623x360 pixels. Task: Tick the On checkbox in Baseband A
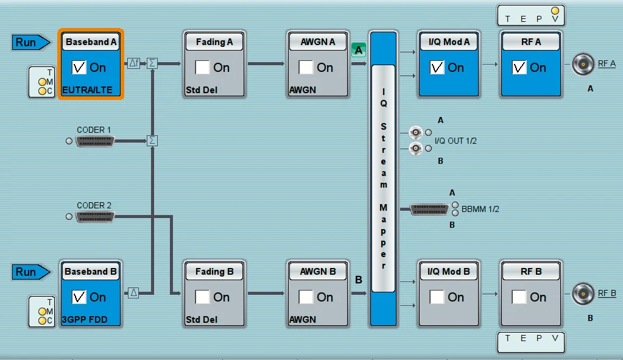pyautogui.click(x=79, y=67)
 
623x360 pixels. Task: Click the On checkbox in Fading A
pyautogui.click(x=202, y=67)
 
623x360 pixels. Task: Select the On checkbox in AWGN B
pyautogui.click(x=306, y=297)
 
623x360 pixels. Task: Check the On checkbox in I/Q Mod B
pyautogui.click(x=437, y=297)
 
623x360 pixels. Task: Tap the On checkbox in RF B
pyautogui.click(x=519, y=297)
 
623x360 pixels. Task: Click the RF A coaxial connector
pyautogui.click(x=583, y=64)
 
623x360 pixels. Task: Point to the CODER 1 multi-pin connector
pyautogui.click(x=95, y=141)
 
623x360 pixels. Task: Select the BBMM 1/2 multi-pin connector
pyautogui.click(x=429, y=209)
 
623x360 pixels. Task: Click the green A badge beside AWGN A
pyautogui.click(x=358, y=50)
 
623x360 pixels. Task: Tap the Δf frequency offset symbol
pyautogui.click(x=133, y=63)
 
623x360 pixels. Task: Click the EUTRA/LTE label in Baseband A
pyautogui.click(x=87, y=90)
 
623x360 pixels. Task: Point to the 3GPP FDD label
pyautogui.click(x=85, y=320)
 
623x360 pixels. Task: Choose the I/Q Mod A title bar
pyautogui.click(x=449, y=42)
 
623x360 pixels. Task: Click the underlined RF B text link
pyautogui.click(x=607, y=293)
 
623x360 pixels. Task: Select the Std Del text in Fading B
pyautogui.click(x=202, y=320)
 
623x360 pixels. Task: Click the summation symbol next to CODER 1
pyautogui.click(x=152, y=141)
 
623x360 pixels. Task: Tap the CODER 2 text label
pyautogui.click(x=94, y=205)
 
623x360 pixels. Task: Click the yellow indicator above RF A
pyautogui.click(x=555, y=11)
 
